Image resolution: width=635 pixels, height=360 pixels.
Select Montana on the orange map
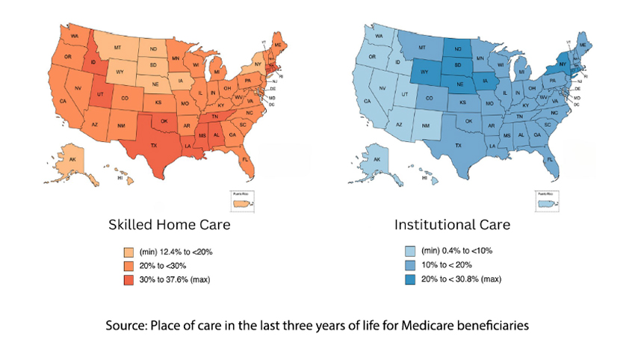pos(117,48)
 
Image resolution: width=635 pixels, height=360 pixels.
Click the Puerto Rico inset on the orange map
pos(238,202)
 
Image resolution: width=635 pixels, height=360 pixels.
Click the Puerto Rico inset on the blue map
pos(549,203)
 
